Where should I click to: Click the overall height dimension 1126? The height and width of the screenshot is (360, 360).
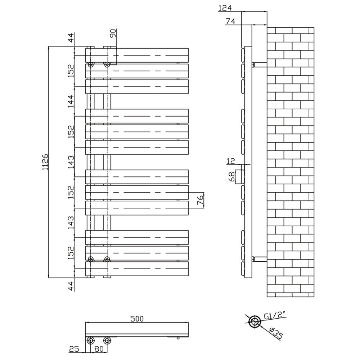[45, 162]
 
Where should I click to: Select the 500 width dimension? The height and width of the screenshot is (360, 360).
[137, 318]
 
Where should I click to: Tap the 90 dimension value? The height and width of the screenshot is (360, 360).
[113, 34]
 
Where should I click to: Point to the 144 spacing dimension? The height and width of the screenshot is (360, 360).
[71, 102]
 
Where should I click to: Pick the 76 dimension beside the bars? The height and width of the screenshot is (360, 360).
[201, 199]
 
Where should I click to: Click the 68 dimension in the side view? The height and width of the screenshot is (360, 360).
[232, 176]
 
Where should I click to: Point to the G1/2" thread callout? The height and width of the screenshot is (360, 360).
[275, 316]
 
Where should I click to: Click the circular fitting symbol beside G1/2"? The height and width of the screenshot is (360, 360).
[255, 321]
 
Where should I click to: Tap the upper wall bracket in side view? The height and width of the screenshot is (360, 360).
[259, 65]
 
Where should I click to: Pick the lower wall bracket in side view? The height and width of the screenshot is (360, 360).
[259, 258]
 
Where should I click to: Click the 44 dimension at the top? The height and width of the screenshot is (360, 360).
[71, 38]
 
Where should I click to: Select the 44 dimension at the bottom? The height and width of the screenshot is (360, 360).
[71, 286]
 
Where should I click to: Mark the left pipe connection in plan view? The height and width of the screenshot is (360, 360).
[90, 340]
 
